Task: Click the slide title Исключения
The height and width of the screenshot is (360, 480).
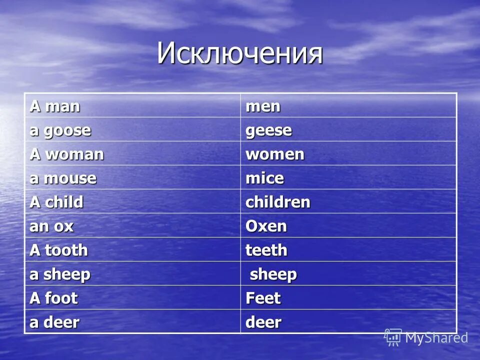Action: [240, 53]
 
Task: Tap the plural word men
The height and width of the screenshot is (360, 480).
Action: [262, 106]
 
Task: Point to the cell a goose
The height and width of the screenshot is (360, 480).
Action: [60, 130]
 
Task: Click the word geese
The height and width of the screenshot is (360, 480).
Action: [268, 130]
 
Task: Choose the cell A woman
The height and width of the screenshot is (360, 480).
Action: [67, 154]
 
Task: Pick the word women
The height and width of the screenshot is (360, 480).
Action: [274, 154]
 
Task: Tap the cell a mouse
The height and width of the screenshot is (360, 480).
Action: [63, 178]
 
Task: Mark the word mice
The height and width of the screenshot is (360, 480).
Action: [264, 178]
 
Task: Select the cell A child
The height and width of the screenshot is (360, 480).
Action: [56, 202]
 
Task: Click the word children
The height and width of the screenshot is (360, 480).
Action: [277, 202]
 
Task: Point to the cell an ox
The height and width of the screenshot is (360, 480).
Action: [51, 226]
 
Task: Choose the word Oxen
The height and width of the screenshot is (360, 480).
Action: [266, 226]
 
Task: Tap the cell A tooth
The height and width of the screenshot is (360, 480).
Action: [58, 250]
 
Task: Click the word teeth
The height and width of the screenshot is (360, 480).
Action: [266, 250]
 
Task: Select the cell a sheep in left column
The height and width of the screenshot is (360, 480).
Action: [60, 274]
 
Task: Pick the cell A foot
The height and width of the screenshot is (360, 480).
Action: [53, 298]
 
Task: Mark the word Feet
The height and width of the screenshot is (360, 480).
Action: [263, 298]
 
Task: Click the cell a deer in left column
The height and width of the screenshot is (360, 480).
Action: [54, 322]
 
